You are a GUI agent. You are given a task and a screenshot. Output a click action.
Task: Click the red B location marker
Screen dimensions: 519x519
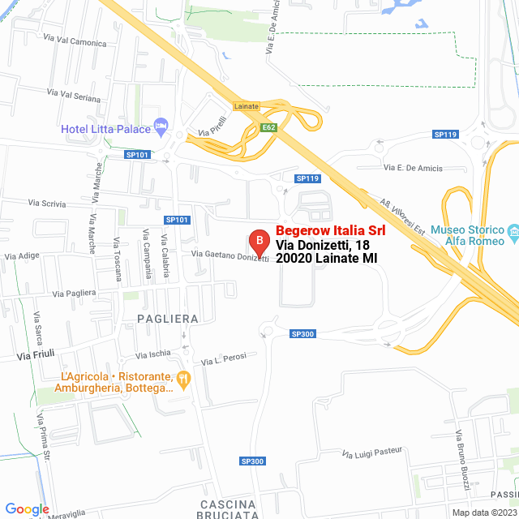click(x=258, y=241)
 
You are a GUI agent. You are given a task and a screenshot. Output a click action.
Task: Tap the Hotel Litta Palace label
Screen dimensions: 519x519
click(x=105, y=129)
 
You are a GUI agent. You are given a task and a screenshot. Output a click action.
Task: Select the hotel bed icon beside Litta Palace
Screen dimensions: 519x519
click(x=161, y=127)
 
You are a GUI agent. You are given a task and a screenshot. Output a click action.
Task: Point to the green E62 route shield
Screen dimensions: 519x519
click(x=269, y=127)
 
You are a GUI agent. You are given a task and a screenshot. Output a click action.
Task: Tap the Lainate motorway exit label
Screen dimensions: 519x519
click(x=246, y=106)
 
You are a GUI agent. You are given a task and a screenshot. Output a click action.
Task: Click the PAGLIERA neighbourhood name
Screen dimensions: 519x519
click(x=167, y=319)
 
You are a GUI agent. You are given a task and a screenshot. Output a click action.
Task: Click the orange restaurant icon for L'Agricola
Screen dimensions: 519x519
click(x=183, y=377)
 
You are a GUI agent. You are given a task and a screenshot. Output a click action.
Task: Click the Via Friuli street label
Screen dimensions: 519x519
click(x=35, y=354)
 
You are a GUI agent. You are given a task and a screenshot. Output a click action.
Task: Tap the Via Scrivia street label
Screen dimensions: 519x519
click(x=47, y=203)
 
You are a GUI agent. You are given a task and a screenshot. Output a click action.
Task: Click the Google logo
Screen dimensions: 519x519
click(x=26, y=509)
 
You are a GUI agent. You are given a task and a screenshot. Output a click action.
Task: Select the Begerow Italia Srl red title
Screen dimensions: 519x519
click(x=331, y=231)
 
